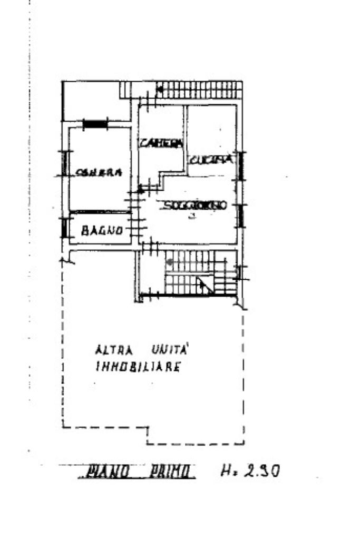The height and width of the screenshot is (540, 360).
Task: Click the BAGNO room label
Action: tap(103, 230)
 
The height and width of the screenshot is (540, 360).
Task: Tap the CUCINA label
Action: tap(210, 159)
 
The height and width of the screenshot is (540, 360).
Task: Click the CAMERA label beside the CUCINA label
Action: tap(161, 143)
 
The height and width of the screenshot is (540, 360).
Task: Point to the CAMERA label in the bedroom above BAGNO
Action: tap(99, 172)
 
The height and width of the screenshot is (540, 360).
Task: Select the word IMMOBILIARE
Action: tap(138, 367)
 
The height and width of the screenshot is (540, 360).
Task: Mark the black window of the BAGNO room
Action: tap(64, 228)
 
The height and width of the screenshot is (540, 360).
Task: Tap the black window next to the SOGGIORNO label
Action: tap(240, 215)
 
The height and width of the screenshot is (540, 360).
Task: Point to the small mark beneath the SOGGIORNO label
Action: tap(192, 216)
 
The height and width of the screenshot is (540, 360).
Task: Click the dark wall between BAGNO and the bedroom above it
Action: tap(100, 212)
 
